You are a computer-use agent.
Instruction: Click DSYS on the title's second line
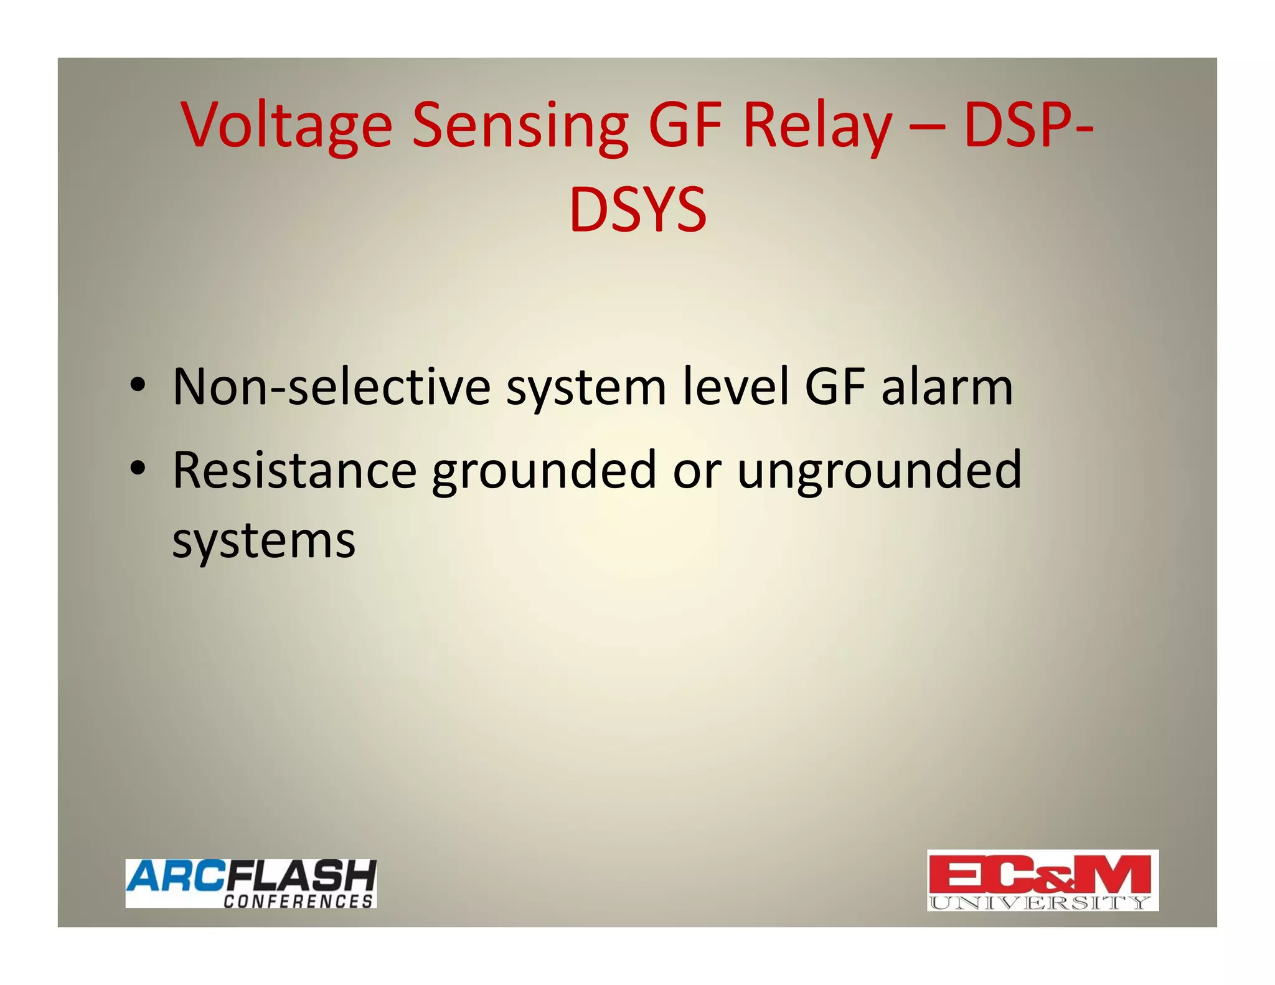click(x=637, y=210)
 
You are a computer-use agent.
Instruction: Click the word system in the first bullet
click(x=586, y=388)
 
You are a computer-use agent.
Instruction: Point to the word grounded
click(x=544, y=471)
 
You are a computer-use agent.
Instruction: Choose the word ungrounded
click(x=879, y=471)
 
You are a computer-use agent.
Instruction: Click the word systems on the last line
click(x=264, y=540)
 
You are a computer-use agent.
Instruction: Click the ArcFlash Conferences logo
click(x=251, y=883)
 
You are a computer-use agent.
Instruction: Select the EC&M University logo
click(x=1042, y=880)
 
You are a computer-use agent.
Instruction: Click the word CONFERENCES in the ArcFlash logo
click(x=298, y=901)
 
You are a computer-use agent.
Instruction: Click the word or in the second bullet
click(x=697, y=471)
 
